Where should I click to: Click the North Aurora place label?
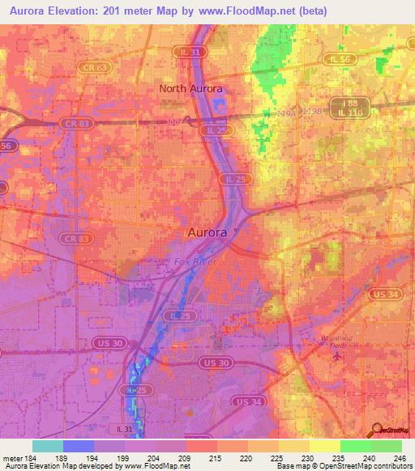pos(190,88)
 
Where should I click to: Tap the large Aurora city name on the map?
pos(207,231)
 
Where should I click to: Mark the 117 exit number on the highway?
pos(172,123)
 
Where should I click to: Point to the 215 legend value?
pos(214,458)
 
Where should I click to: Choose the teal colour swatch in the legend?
pos(48,446)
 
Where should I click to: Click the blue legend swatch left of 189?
pos(79,446)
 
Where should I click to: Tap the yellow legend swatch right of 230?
pos(325,446)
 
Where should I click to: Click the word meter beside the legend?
pos(10,458)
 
